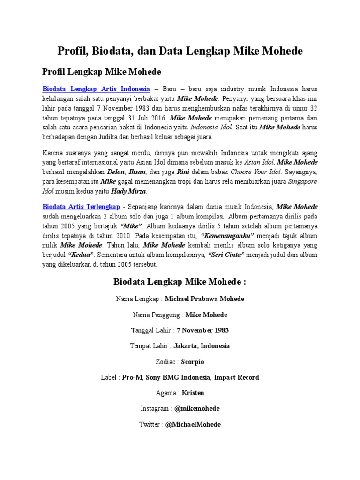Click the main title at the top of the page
(180, 51)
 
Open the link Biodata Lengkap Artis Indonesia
(96, 88)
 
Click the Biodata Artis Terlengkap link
(81, 206)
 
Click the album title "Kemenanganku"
(227, 235)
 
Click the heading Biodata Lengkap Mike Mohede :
(180, 282)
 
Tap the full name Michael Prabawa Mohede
(205, 299)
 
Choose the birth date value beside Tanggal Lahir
(202, 330)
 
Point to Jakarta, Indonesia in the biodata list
(202, 346)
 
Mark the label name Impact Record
(238, 377)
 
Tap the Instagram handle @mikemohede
(197, 409)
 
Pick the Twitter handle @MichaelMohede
(193, 424)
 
